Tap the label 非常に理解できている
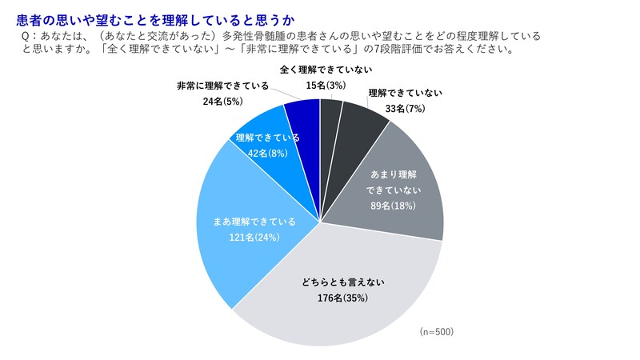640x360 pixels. click(223, 86)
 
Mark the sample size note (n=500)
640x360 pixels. click(437, 331)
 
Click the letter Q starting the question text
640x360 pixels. click(30, 38)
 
